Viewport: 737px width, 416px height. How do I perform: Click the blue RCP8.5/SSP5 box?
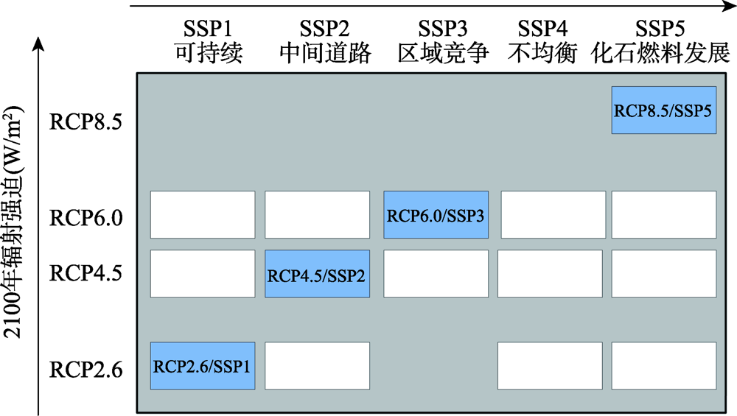pos(663,110)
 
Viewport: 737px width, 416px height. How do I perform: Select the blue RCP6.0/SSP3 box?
pos(436,215)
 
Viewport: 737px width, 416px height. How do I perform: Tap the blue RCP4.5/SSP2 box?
pos(317,274)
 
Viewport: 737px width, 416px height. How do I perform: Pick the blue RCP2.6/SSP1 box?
pos(203,366)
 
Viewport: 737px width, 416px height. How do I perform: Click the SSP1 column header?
pos(208,29)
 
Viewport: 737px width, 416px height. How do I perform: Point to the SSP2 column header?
pos(324,29)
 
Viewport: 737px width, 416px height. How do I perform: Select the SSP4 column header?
pos(542,29)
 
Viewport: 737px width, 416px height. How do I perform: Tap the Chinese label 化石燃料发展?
pos(661,54)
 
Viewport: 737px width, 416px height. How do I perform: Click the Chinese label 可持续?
pos(208,54)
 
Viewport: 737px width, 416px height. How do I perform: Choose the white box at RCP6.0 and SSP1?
pos(203,215)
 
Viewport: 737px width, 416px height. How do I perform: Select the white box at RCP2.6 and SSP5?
pos(663,366)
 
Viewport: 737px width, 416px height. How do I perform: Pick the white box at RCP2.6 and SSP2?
pos(317,366)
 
